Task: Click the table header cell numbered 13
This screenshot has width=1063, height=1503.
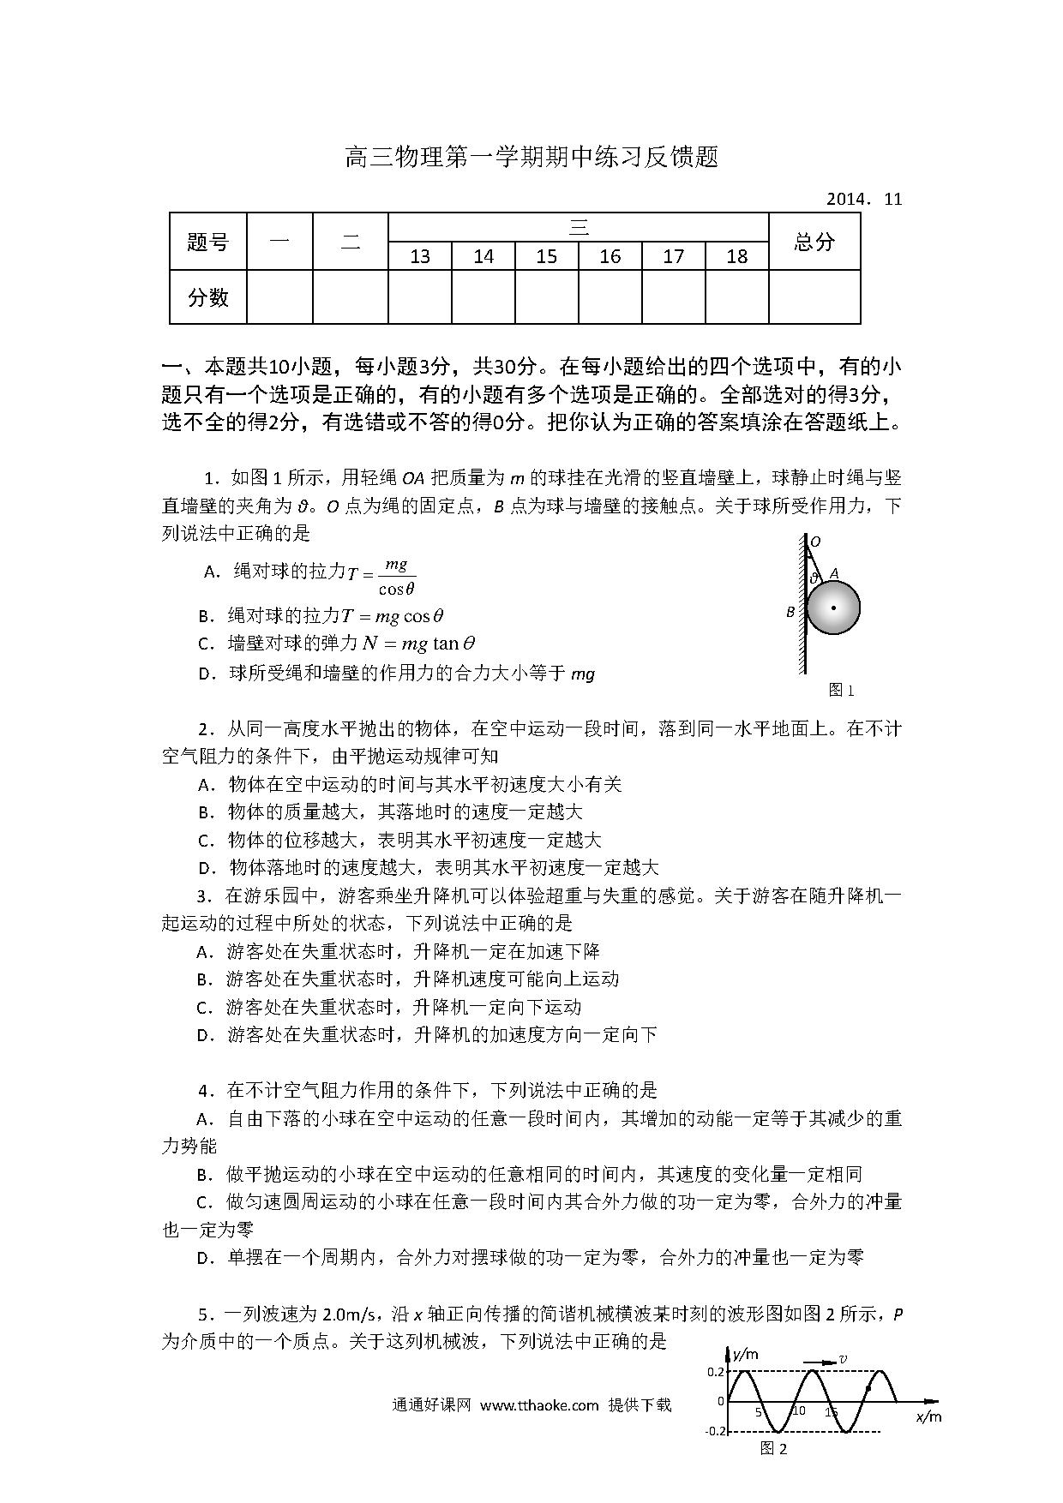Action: click(x=420, y=256)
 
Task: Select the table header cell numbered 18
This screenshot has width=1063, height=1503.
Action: click(x=736, y=256)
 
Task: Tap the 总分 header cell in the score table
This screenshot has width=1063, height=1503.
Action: click(x=814, y=243)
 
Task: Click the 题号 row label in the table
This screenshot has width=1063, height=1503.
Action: click(x=208, y=243)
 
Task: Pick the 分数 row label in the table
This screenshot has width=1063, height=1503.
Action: click(x=208, y=297)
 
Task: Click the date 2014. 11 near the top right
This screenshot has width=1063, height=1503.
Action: click(x=864, y=200)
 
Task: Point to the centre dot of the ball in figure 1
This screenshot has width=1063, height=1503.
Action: click(x=833, y=608)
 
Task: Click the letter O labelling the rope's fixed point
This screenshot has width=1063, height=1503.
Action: click(x=815, y=542)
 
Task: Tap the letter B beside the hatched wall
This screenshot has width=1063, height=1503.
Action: click(x=790, y=612)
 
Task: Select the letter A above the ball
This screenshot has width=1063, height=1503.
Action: click(x=833, y=574)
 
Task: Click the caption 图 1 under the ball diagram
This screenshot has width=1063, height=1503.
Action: click(x=841, y=690)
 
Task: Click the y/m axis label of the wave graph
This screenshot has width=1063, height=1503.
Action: click(x=745, y=1354)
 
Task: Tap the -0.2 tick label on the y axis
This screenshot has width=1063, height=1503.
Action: click(x=716, y=1431)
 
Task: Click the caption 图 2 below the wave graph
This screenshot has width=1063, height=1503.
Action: click(x=773, y=1449)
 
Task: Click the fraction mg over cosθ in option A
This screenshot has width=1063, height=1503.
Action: click(x=396, y=576)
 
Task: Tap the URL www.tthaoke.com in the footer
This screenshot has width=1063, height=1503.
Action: click(x=539, y=1405)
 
